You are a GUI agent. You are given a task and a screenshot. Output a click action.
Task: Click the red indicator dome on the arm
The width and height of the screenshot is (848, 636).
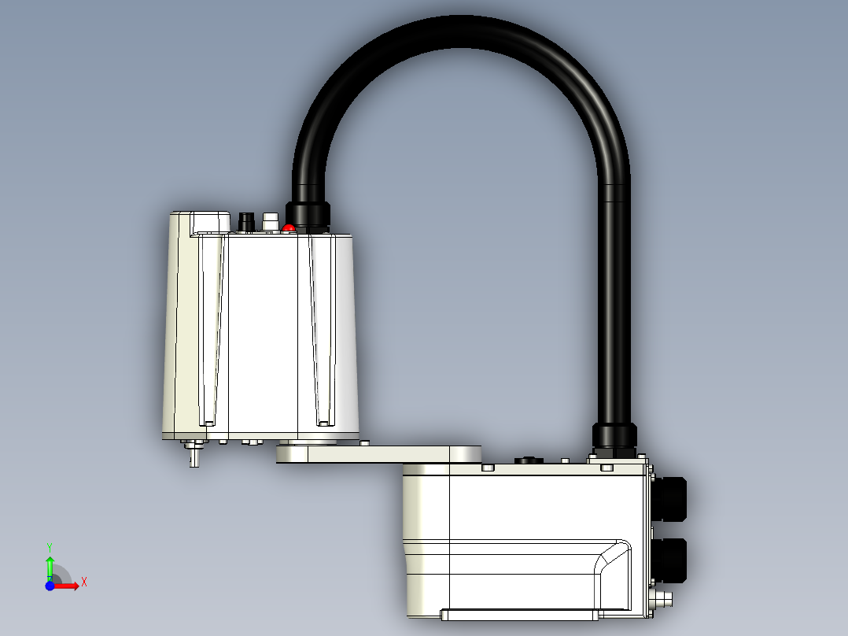click(x=289, y=228)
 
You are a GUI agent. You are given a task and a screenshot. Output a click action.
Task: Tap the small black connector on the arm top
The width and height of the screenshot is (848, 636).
click(x=247, y=222)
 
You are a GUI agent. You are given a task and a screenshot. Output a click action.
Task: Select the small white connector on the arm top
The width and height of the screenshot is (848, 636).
click(x=271, y=222)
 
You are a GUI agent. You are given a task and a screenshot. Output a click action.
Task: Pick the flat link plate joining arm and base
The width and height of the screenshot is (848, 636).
click(x=378, y=454)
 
